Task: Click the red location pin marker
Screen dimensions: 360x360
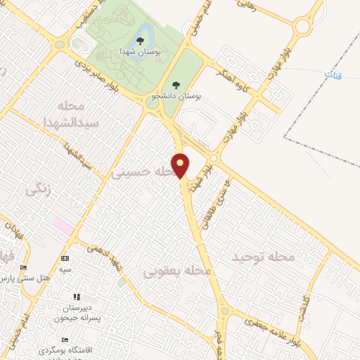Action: click(x=181, y=165)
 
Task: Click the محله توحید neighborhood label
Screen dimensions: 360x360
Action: click(x=264, y=258)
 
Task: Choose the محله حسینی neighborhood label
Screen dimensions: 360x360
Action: click(x=144, y=171)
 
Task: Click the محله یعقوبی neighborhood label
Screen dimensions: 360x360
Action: click(x=177, y=271)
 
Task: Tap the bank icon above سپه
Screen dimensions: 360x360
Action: click(x=65, y=258)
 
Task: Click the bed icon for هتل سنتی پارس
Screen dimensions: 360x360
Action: click(x=23, y=268)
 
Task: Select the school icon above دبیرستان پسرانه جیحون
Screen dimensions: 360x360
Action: click(x=77, y=297)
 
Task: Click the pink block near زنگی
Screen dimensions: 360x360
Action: click(x=63, y=227)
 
